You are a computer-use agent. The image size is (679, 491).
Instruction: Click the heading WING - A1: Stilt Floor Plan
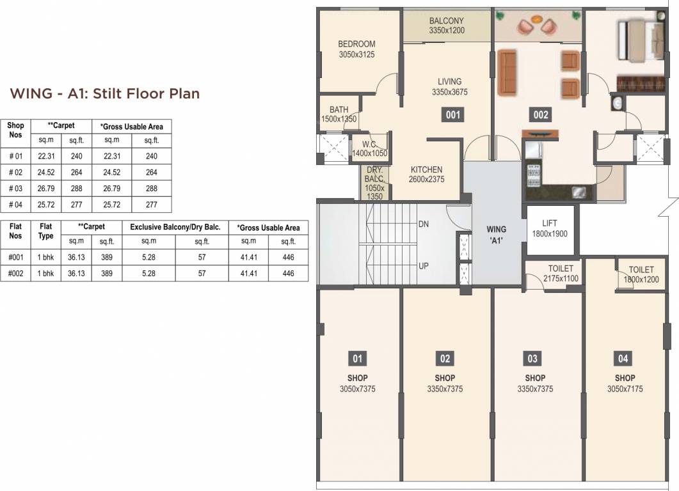pos(105,93)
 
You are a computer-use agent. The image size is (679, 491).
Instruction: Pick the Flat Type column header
pos(46,230)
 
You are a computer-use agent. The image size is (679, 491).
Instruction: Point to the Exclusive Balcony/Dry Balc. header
pos(175,227)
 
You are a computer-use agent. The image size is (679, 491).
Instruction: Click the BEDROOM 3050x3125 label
pos(356,49)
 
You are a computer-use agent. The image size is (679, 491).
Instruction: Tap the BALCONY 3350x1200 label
pos(446,26)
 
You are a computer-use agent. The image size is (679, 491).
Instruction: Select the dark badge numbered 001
pos(452,115)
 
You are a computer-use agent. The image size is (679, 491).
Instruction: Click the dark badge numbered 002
pos(541,115)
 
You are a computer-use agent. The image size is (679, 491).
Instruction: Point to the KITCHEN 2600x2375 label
pos(427,174)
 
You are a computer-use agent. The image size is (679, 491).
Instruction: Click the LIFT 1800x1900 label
pos(549,228)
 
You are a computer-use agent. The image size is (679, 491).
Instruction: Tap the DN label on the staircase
pos(423,224)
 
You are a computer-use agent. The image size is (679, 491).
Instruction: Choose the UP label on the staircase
pos(423,265)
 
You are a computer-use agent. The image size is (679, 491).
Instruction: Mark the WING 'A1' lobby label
pos(496,233)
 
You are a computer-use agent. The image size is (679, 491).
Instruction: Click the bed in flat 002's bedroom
pos(639,40)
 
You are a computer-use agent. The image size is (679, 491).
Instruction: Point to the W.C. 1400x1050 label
pos(369,149)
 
